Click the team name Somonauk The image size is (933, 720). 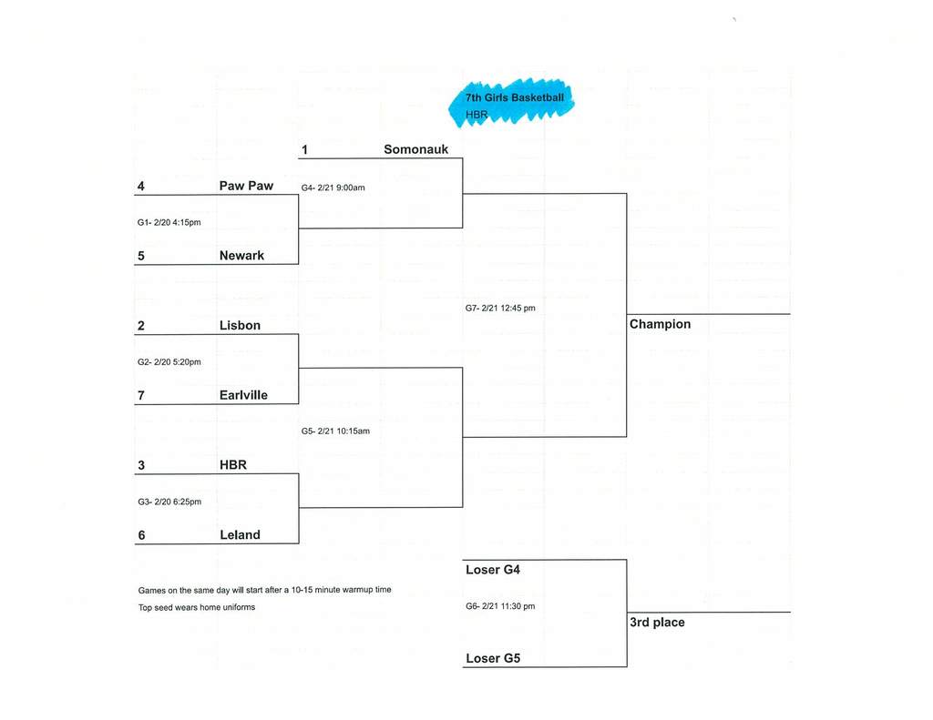click(415, 149)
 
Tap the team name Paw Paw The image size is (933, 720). click(246, 186)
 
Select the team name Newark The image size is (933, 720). click(241, 256)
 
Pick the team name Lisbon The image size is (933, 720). click(240, 325)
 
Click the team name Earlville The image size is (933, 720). click(243, 395)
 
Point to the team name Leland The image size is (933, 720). click(240, 535)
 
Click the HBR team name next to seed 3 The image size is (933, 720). click(233, 465)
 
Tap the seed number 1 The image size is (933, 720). click(306, 149)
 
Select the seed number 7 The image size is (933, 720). click(141, 395)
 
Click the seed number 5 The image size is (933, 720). click(141, 256)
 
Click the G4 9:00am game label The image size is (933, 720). click(333, 188)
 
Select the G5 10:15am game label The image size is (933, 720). click(335, 431)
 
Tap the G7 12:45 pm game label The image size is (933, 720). click(500, 309)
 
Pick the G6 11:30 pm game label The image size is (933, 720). click(500, 606)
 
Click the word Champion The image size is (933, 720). click(661, 324)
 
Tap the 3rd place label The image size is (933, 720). click(657, 623)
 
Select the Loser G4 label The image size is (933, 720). click(493, 570)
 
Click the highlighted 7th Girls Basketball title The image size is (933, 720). click(515, 98)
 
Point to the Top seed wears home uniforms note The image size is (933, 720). click(197, 607)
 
